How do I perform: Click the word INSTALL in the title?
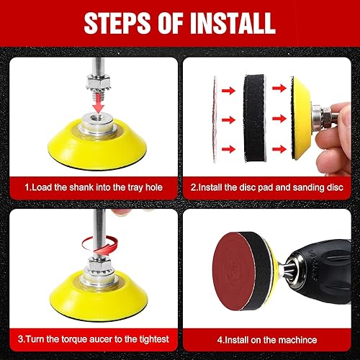(x=233, y=23)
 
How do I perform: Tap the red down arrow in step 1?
(x=98, y=104)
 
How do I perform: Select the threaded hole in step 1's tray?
(x=99, y=118)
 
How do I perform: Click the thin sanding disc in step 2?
(x=215, y=120)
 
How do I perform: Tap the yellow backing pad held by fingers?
(x=301, y=118)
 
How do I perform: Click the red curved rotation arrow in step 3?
(x=99, y=245)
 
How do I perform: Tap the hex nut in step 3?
(x=99, y=264)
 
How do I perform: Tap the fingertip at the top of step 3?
(x=121, y=212)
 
